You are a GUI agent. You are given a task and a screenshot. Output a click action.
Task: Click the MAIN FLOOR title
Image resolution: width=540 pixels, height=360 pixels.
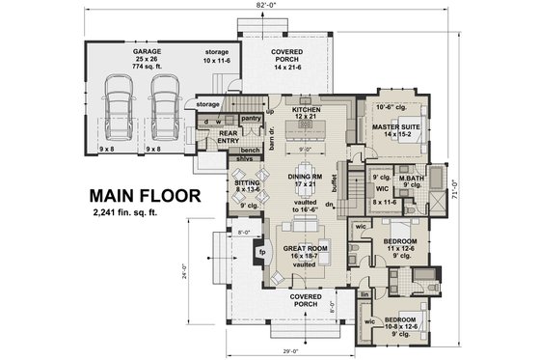pos(147,195)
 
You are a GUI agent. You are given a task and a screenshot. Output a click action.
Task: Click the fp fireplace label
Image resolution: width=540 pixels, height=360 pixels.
pos(261,254)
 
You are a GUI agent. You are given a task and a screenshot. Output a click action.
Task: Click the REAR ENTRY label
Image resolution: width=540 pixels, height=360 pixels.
pos(229,138)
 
